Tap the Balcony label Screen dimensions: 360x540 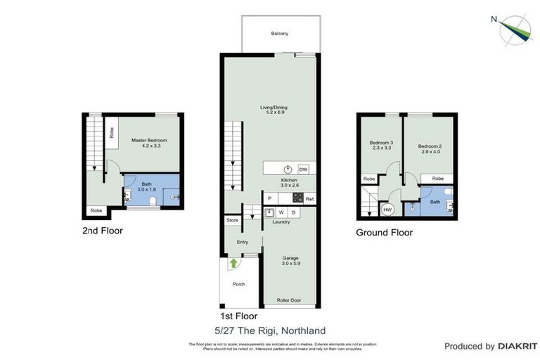coord(279,34)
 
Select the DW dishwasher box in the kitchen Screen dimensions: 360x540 coord(303,169)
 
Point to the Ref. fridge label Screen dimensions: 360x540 coord(309,200)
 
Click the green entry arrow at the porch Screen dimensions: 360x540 coord(233,264)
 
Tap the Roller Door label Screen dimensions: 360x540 coord(289,300)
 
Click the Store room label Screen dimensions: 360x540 coord(232,221)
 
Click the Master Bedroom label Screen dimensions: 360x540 coord(149,143)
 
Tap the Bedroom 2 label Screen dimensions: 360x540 coord(428,146)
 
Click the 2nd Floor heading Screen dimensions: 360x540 coord(103,230)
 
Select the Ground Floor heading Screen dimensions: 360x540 coord(384,233)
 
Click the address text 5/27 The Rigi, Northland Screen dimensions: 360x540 coord(270,330)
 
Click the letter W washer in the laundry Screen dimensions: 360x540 coord(281,212)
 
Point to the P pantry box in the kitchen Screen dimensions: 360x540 coord(269,200)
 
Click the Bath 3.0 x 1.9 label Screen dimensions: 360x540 coord(146,186)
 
